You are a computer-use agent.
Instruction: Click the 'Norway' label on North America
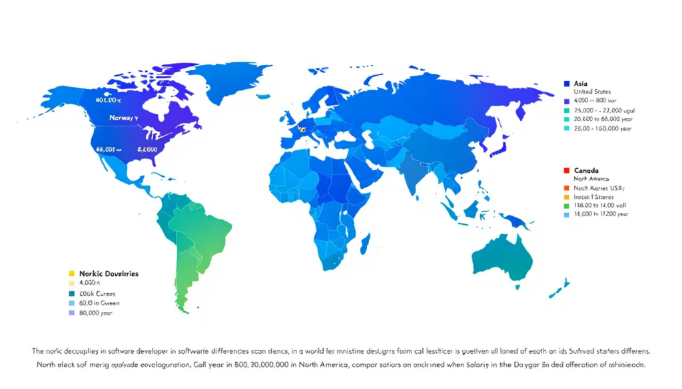pos(124,118)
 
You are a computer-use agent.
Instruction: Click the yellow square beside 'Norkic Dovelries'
pos(71,273)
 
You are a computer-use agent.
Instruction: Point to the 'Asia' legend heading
pos(580,84)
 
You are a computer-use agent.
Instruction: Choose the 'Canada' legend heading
pos(586,171)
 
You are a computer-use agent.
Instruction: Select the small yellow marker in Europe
pos(302,129)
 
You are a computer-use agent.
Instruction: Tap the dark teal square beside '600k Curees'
pos(71,293)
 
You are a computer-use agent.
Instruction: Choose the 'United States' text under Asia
pos(592,92)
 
